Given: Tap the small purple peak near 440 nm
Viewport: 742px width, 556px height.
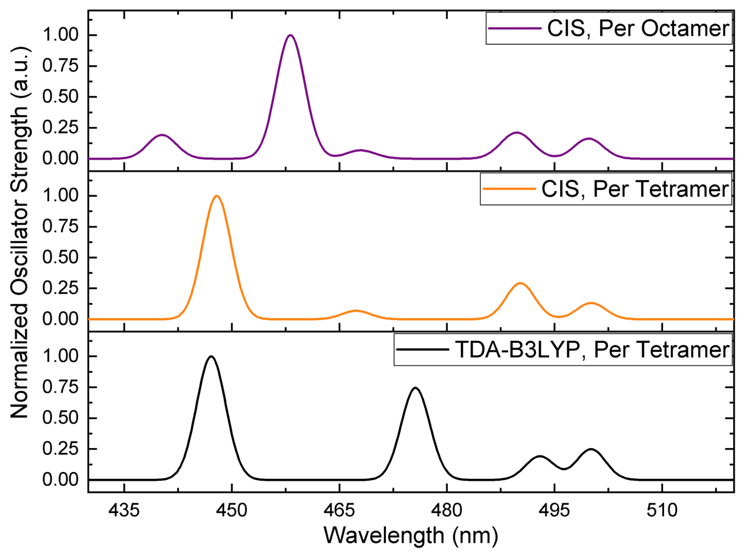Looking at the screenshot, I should coord(162,135).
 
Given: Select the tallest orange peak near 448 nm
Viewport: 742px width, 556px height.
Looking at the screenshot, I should coord(217,196).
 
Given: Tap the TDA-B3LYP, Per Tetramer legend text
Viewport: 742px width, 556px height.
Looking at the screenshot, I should coord(592,350).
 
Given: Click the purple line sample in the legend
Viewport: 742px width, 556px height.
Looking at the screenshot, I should coord(515,29).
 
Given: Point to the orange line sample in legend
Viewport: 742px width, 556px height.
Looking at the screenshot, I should coord(509,189).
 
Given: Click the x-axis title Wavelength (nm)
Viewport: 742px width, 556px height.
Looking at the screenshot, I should coord(411,535).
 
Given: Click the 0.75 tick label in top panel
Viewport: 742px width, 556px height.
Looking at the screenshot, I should coord(60,66).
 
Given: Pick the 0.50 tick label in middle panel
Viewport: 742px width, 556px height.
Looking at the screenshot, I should coord(60,257).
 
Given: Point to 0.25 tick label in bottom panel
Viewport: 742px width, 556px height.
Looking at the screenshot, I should coord(60,449).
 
